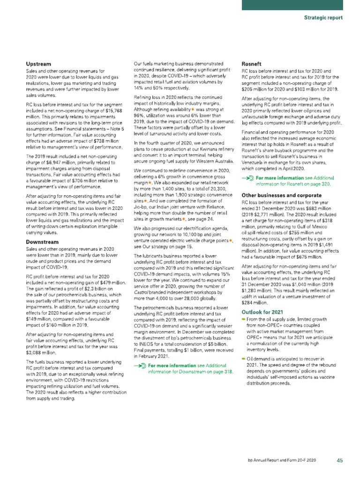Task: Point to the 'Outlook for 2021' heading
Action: [x=262, y=312]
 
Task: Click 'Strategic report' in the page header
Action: [x=323, y=18]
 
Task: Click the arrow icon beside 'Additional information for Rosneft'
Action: [x=247, y=179]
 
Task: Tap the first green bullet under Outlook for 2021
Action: [x=244, y=319]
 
